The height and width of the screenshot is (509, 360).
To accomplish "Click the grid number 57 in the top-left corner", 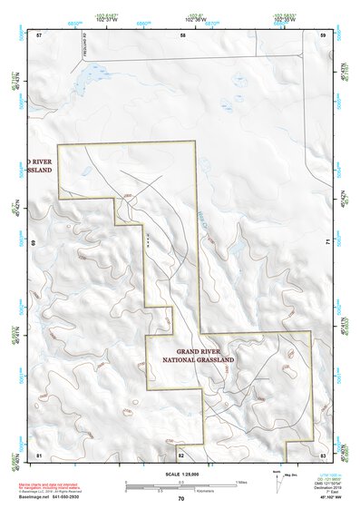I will pyautogui.click(x=39, y=34).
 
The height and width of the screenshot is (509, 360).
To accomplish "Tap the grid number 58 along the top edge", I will pyautogui.click(x=182, y=34).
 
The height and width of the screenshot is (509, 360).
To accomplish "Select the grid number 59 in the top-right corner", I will pyautogui.click(x=324, y=34).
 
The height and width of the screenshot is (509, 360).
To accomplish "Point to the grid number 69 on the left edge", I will pyautogui.click(x=34, y=243).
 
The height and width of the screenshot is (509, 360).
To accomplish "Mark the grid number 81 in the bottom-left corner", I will pyautogui.click(x=39, y=453).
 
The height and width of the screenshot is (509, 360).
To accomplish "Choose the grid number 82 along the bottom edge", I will pyautogui.click(x=181, y=453).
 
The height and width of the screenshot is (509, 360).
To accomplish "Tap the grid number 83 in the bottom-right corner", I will pyautogui.click(x=323, y=453).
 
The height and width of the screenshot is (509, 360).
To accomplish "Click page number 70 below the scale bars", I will pyautogui.click(x=181, y=498).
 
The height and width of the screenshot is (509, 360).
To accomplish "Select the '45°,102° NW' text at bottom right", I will pyautogui.click(x=325, y=498).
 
